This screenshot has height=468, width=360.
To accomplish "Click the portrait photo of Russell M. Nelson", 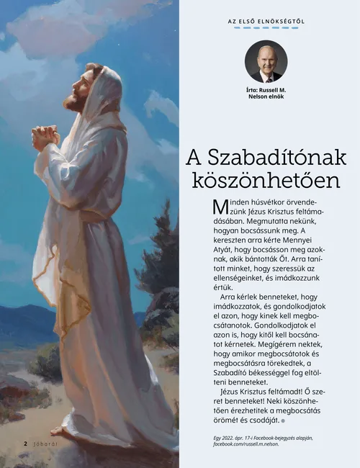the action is [266, 61].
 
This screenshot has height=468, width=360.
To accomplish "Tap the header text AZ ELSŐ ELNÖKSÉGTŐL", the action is [266, 22].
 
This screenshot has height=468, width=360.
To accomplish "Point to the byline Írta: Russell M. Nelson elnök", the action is [266, 93].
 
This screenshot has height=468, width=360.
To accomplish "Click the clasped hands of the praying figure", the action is [46, 135].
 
